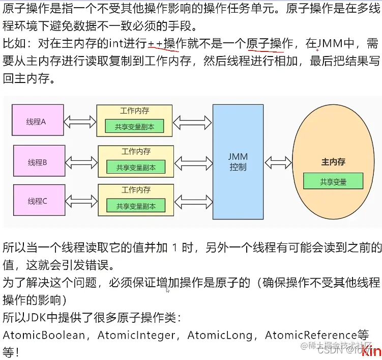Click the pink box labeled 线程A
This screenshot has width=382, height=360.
tap(38, 121)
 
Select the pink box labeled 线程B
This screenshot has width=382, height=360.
tap(38, 162)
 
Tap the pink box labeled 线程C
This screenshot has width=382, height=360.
tap(38, 201)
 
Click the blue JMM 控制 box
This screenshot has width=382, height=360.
tap(238, 161)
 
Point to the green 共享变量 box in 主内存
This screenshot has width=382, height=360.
tap(333, 181)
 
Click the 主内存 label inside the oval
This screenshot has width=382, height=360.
tap(333, 162)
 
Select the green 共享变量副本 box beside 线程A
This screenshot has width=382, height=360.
tap(135, 127)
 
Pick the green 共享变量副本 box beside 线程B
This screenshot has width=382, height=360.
tap(136, 167)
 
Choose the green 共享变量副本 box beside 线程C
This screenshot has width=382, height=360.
tap(136, 206)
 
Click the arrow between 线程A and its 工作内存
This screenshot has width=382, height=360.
tap(80, 122)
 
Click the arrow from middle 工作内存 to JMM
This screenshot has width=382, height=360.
tap(193, 162)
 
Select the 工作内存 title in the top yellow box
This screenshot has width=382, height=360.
tap(135, 111)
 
